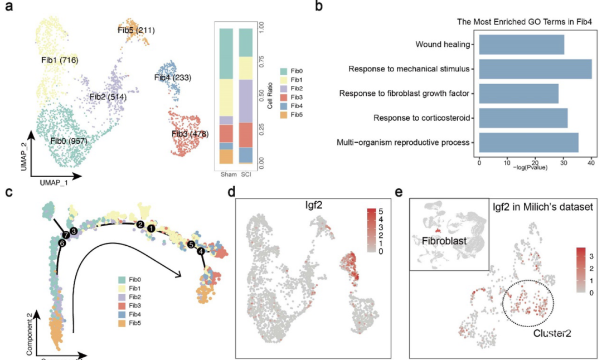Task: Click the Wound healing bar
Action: coord(521,44)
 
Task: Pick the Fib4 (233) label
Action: coord(173,77)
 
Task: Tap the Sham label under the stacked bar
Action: coord(226,173)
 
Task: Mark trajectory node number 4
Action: coord(200,251)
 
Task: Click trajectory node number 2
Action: coord(139,223)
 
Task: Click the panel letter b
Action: coord(318,7)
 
